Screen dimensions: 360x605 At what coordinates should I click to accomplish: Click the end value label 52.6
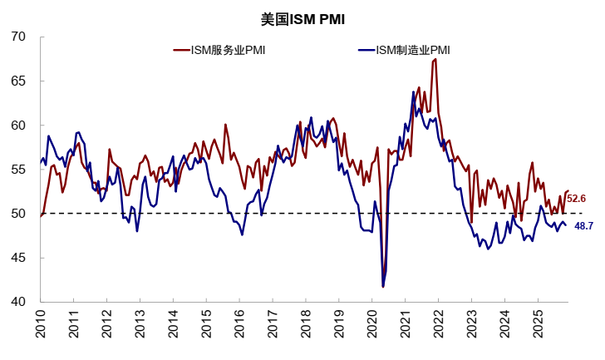577,199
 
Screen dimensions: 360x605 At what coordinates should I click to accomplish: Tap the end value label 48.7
583,226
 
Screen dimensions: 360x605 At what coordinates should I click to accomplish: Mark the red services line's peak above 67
435,59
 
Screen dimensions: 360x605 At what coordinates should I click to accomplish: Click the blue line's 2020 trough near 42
383,287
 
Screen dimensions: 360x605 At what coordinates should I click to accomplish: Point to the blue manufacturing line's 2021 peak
413,91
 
